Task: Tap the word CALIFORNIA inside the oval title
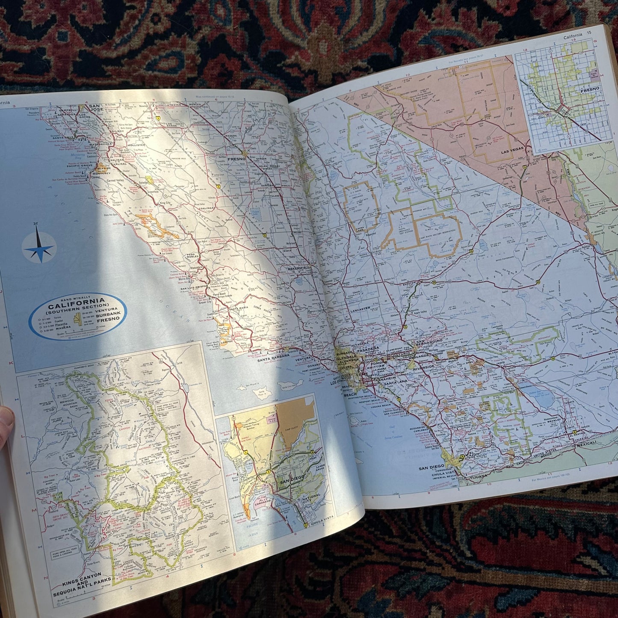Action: [77, 306]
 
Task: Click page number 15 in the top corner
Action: [589, 33]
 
